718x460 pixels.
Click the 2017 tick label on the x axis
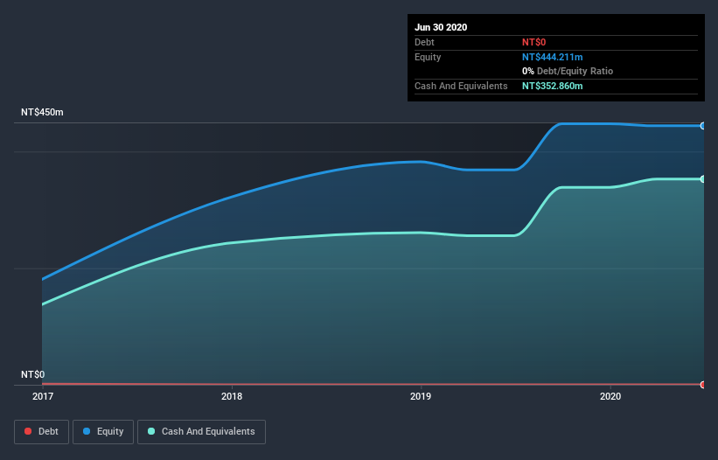(x=42, y=396)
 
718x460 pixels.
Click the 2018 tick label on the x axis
(x=232, y=396)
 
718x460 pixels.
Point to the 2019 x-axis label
(x=421, y=396)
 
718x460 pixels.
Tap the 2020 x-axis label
(x=610, y=396)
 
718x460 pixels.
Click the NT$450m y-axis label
(x=43, y=113)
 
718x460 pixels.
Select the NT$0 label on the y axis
(x=33, y=374)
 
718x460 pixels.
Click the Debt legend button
(x=41, y=431)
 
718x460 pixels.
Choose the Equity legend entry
(x=103, y=431)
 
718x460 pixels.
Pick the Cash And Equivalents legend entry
(x=201, y=431)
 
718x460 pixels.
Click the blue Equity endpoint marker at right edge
(x=703, y=126)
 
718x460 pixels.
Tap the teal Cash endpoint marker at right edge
(x=703, y=179)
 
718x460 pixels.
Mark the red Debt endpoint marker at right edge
(x=703, y=385)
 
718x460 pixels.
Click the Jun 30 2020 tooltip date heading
(x=441, y=27)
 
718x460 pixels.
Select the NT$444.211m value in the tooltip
(x=552, y=57)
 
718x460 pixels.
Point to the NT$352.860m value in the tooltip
(x=552, y=86)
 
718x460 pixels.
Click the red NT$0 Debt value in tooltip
(x=534, y=42)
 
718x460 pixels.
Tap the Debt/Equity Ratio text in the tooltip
(x=573, y=71)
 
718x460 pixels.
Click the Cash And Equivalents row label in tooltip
(x=461, y=86)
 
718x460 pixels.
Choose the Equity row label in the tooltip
(x=429, y=57)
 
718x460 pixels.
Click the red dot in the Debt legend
(x=29, y=431)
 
